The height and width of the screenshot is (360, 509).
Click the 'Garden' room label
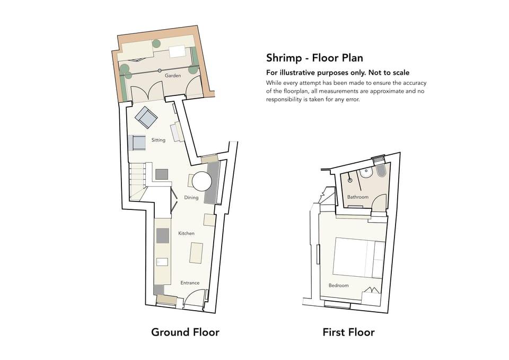[x=172, y=76]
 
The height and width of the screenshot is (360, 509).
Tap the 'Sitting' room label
[x=158, y=141]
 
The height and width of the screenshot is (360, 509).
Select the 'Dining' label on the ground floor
[x=191, y=198]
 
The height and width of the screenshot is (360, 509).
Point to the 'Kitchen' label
[x=186, y=233]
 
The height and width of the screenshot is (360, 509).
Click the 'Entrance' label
[x=190, y=283]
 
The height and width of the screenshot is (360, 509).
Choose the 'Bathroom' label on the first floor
[x=357, y=197]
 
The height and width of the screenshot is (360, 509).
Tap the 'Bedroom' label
[x=338, y=285]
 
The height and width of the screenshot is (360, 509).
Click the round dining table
[x=202, y=181]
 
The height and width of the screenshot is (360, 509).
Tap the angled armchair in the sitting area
[x=146, y=117]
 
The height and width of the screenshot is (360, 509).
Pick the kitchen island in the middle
[x=196, y=252]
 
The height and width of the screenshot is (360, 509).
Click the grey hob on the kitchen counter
[x=162, y=235]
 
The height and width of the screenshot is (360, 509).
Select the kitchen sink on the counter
[x=162, y=261]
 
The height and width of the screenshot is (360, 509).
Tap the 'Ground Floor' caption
[x=185, y=332]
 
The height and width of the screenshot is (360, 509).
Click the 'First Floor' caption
[x=348, y=332]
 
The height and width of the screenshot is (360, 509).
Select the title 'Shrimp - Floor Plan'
[x=314, y=58]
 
